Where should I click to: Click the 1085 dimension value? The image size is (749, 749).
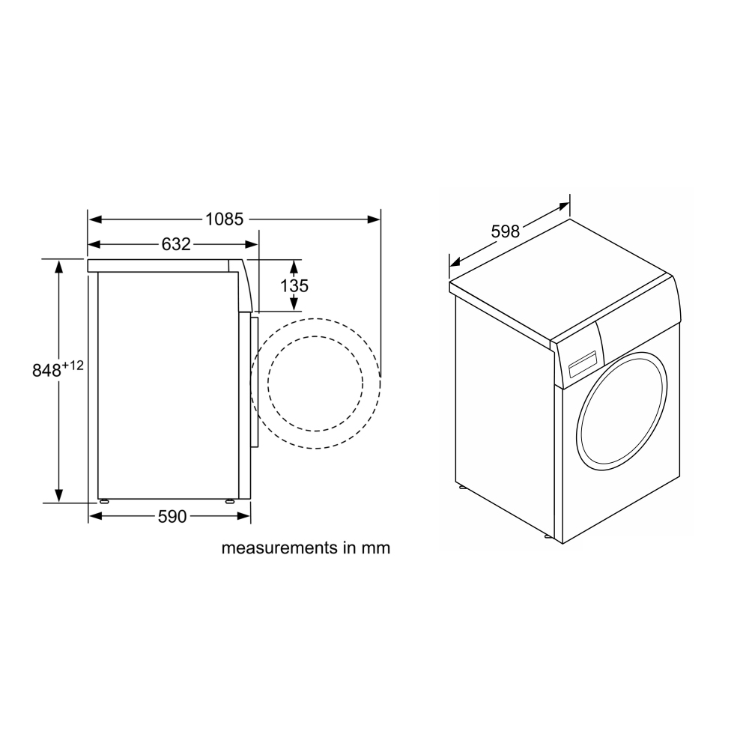(225, 219)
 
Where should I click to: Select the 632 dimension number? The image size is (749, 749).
(176, 245)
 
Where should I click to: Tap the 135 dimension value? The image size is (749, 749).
(294, 285)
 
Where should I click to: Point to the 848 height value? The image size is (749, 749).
(46, 370)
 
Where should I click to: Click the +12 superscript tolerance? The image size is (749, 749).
(73, 366)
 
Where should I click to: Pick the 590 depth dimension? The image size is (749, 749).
(172, 516)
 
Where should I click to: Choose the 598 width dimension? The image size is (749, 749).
(506, 231)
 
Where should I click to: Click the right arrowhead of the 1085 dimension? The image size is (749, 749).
(374, 219)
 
